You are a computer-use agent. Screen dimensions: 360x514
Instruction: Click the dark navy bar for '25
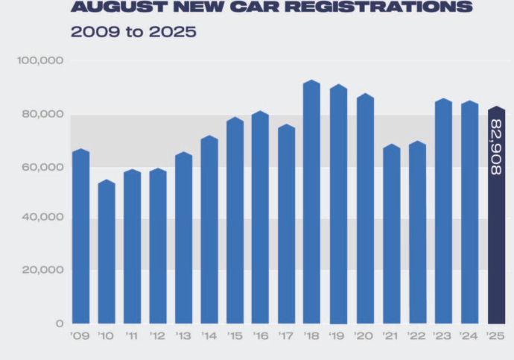coord(496,224)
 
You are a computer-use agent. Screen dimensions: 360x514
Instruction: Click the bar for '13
coord(183,239)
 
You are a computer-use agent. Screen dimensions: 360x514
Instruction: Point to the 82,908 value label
coord(496,147)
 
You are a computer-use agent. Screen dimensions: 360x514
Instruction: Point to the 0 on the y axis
coord(59,323)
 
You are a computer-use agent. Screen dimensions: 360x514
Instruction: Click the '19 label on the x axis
coord(337,335)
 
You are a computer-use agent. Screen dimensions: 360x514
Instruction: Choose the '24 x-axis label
coord(469,335)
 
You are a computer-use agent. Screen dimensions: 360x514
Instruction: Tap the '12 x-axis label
coord(157,335)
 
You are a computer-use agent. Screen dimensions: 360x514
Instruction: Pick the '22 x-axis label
coord(417,335)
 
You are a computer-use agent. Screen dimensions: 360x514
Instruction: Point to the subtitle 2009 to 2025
coord(133,33)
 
